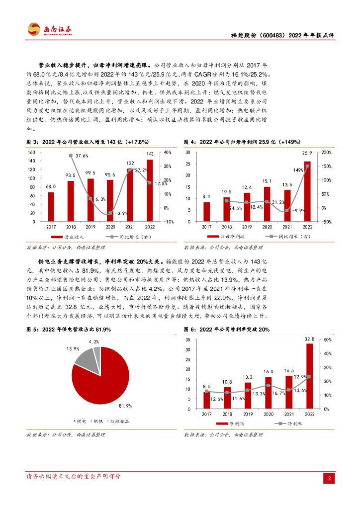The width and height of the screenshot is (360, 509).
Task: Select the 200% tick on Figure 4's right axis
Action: (x=327, y=152)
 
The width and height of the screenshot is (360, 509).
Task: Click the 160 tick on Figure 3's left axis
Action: (x=31, y=152)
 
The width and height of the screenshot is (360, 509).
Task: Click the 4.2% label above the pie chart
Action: (x=94, y=342)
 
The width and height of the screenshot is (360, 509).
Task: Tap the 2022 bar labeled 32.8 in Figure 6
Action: (x=309, y=376)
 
